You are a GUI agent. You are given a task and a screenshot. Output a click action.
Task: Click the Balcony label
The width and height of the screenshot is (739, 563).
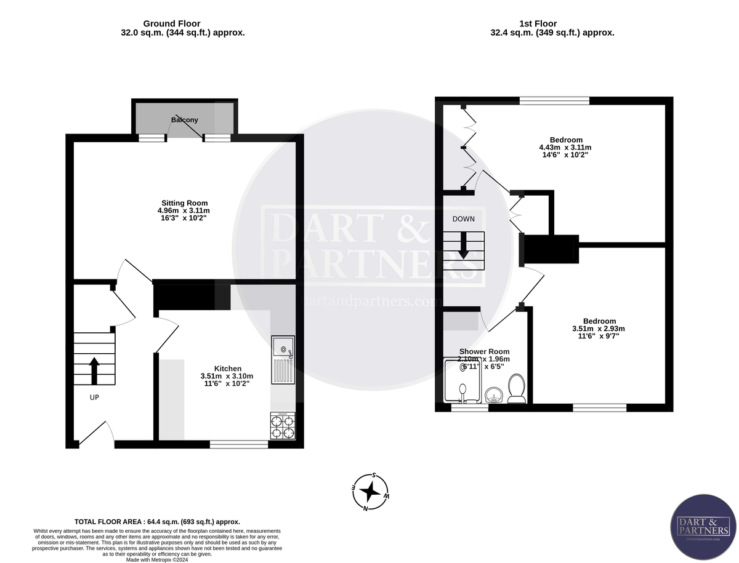184,120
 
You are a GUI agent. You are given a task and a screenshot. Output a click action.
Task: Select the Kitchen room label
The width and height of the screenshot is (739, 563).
227,368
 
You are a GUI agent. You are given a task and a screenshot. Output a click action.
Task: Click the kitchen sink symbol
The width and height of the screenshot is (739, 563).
283,359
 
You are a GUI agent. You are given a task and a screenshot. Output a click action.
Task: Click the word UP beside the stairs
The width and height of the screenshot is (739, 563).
94,397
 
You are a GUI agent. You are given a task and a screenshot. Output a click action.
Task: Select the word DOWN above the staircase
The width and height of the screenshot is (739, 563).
463,219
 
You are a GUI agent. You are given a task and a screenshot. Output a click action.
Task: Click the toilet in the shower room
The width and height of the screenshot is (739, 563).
516,389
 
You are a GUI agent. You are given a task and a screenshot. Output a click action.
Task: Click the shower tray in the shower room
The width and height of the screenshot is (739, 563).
463,380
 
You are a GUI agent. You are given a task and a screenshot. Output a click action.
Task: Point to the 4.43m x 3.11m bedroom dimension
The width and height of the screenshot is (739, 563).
565,148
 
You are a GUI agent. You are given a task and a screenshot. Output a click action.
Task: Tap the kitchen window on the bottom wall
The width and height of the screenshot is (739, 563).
239,444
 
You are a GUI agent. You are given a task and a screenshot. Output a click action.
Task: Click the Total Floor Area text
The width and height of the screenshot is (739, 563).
157,521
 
